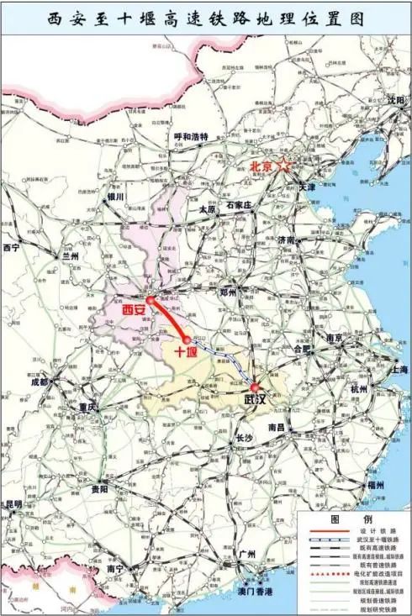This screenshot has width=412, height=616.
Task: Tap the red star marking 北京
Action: [x=285, y=166]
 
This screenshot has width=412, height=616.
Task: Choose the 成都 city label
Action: [x=40, y=381]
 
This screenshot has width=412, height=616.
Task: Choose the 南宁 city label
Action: [x=116, y=569]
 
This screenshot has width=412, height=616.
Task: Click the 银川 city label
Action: [x=114, y=197]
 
